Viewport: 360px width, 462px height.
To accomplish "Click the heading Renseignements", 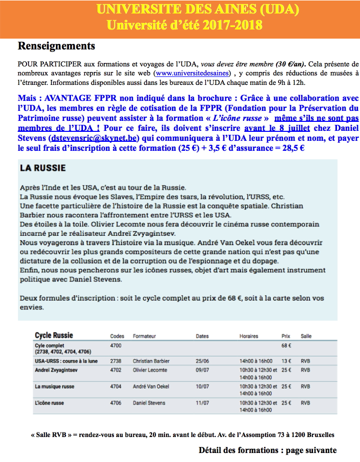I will [56, 46].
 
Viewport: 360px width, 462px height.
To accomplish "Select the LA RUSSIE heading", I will [43, 168].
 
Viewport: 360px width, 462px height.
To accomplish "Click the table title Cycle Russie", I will [54, 336].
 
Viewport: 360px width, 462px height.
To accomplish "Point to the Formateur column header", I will [144, 336].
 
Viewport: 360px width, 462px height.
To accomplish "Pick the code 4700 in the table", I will [115, 345].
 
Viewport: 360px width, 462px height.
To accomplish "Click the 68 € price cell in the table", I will [286, 345].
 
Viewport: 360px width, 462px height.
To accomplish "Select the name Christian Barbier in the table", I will [151, 361].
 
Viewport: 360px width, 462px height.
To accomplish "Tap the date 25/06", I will [202, 361].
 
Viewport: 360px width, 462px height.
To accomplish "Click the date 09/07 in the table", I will [202, 370].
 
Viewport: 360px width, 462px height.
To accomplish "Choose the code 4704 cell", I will [115, 387].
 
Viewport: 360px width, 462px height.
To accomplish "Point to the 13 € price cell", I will [286, 361].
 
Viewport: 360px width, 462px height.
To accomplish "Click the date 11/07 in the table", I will [202, 403].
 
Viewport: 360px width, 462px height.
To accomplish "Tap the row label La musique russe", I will [54, 387].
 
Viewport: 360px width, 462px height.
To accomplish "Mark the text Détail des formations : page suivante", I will [267, 450].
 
